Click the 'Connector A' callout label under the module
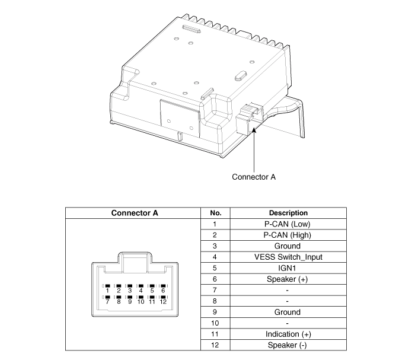tap(254, 177)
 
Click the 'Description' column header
tap(289, 213)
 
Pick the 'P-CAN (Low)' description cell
tap(289, 224)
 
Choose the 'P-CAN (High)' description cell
tap(289, 235)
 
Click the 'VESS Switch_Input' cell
tap(289, 257)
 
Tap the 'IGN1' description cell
tap(289, 268)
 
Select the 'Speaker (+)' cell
tap(289, 279)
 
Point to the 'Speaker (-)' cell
tap(289, 345)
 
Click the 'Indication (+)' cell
tap(289, 334)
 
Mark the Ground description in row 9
tap(289, 312)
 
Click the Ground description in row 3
tap(289, 246)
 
